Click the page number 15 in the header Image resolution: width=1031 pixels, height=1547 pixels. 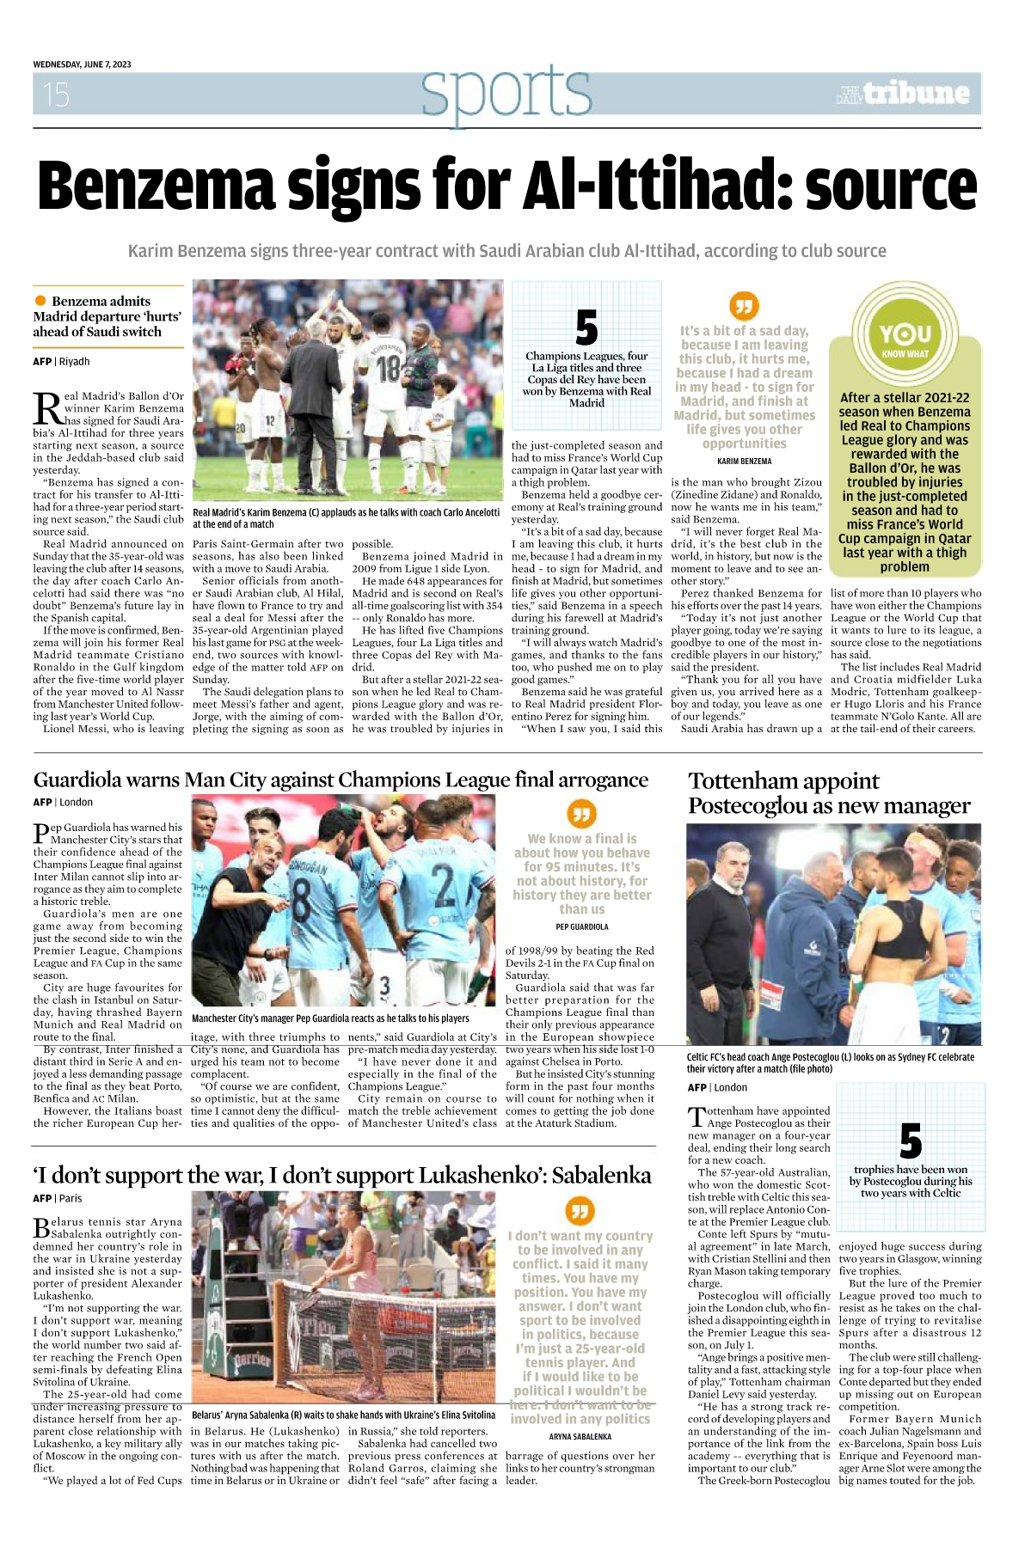point(56,94)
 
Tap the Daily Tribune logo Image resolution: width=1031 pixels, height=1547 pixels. point(903,94)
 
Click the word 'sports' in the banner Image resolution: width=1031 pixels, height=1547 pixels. point(506,92)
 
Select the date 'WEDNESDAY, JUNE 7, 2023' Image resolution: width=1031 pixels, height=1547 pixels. point(83,64)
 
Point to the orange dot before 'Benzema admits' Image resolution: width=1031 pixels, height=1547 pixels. point(40,301)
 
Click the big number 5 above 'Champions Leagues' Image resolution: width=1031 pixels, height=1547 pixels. point(586,328)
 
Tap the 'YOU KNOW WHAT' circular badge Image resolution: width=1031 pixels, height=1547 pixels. point(905,339)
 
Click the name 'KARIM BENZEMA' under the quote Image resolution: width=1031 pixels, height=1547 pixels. point(744,462)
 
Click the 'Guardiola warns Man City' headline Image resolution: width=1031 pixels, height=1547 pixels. point(341,780)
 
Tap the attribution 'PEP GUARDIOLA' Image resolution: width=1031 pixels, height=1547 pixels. point(582,927)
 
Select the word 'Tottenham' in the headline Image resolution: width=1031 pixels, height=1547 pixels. point(741,781)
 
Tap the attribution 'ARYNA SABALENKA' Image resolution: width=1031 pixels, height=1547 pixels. point(580,1437)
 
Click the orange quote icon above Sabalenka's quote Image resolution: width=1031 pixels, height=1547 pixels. point(580,1211)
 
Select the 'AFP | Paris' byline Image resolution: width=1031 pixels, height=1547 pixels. point(58,1198)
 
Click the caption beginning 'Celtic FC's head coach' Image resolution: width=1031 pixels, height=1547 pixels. point(831,1063)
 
